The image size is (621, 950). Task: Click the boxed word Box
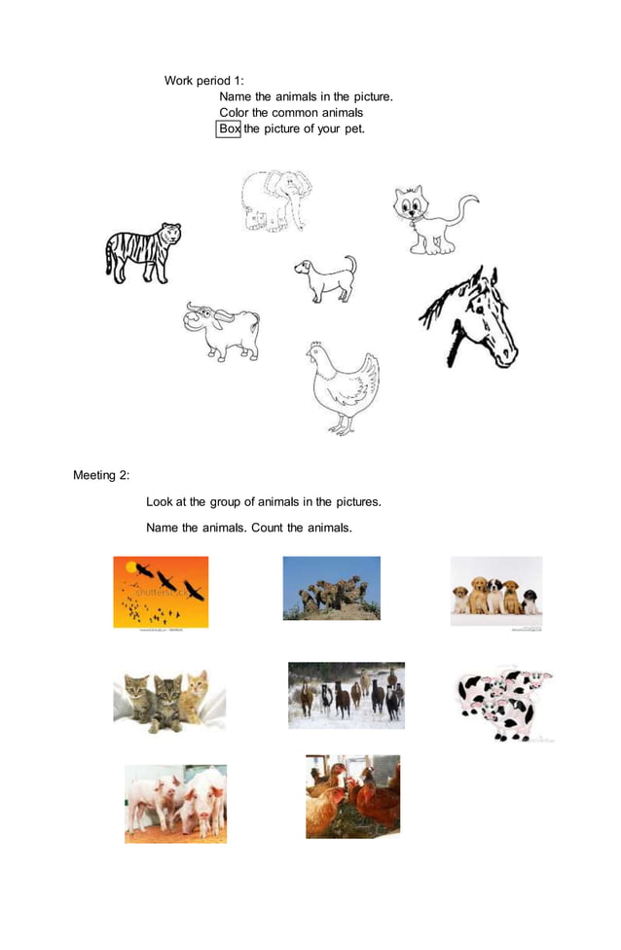[228, 128]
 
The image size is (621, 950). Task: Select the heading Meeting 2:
[101, 475]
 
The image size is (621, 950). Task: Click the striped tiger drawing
[142, 253]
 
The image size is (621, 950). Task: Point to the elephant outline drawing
[275, 201]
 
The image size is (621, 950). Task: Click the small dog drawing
[325, 278]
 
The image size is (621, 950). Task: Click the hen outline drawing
[343, 387]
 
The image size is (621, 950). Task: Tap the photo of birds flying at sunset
[161, 592]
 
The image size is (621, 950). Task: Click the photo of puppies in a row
[495, 591]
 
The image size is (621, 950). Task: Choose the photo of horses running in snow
[346, 695]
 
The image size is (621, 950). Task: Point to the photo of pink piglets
[175, 803]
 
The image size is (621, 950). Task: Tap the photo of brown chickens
[352, 796]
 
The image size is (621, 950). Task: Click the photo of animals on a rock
[331, 588]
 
